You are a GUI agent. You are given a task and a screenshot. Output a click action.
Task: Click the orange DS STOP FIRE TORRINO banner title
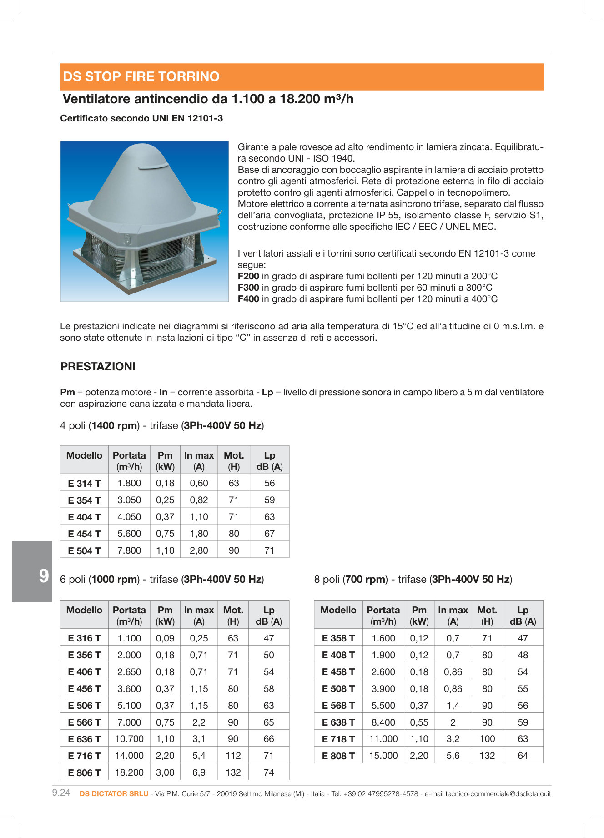point(141,76)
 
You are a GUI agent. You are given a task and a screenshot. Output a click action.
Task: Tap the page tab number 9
point(44,576)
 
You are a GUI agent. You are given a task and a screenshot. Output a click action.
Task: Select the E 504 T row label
point(84,550)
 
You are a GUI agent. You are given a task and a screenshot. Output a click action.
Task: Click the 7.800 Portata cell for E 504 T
point(129,550)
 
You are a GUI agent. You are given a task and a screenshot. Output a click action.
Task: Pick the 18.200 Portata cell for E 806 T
point(129,772)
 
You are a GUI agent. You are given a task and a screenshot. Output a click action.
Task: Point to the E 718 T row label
point(338,739)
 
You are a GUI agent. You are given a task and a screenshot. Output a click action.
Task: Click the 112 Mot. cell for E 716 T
point(233,756)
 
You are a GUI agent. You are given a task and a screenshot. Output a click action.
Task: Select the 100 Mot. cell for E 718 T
point(487,739)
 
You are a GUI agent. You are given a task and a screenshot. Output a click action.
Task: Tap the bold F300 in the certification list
point(248,288)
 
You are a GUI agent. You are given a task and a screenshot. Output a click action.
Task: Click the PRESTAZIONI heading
point(98,367)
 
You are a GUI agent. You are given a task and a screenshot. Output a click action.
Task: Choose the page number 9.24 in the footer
point(61,793)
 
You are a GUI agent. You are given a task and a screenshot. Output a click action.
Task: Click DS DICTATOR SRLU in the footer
point(114,793)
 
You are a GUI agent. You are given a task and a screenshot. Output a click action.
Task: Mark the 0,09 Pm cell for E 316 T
point(165,638)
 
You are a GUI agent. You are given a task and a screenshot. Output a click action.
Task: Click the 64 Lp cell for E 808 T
point(523,756)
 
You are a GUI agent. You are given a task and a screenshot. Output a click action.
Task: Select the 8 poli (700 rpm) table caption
point(413,579)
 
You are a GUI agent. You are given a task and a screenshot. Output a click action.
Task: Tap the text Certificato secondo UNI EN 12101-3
point(141,118)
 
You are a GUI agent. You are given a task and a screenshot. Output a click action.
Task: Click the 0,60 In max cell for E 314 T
point(199,483)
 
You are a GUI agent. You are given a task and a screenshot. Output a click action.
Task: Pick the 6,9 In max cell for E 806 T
point(199,772)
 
